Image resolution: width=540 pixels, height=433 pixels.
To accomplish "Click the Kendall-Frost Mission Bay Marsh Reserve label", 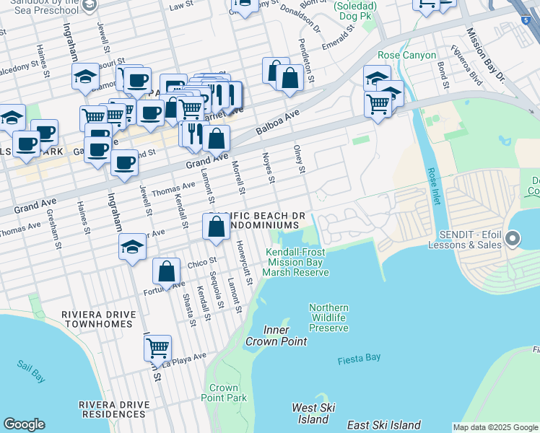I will pos(296,262).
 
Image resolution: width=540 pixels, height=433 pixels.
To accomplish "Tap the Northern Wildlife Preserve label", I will pos(328,318).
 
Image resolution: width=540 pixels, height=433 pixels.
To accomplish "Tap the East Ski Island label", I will pos(383,425).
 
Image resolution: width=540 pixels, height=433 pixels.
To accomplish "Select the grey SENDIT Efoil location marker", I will pos(513,237).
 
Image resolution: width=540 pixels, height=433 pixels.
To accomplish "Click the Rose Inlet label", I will pos(433,185).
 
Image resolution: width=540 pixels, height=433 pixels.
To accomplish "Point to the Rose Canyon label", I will pos(406,56).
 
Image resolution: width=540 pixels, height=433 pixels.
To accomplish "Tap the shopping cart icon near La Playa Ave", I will pos(157,348).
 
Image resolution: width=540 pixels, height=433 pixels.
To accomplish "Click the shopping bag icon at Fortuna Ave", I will pos(167,272).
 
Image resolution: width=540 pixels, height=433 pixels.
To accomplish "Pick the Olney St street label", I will pos(299,159).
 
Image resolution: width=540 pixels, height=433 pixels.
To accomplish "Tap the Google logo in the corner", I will pos(24,424).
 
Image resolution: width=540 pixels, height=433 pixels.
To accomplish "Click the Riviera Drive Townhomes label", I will pos(97,320).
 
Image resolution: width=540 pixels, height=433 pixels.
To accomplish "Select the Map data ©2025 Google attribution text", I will pos(495,427).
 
